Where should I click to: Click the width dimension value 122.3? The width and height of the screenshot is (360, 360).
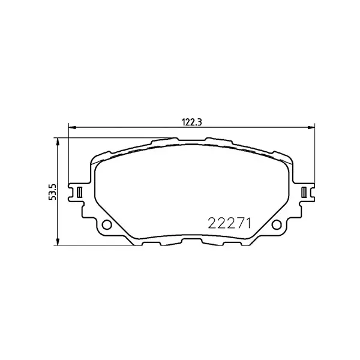click(191, 120)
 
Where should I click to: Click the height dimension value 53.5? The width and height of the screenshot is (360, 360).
click(52, 192)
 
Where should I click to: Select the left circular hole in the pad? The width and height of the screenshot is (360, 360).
click(107, 226)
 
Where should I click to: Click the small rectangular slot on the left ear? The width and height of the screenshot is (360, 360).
click(79, 192)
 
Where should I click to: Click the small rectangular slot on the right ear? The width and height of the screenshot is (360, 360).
click(304, 192)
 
